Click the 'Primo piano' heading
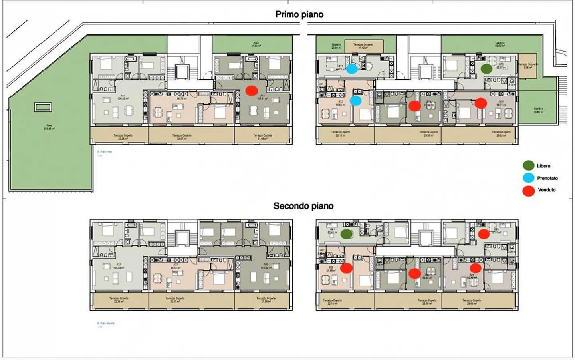pyautogui.click(x=299, y=14)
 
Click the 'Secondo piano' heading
pyautogui.click(x=303, y=206)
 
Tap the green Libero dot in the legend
pyautogui.click(x=528, y=165)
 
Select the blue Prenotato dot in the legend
pyautogui.click(x=528, y=178)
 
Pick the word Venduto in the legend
pyautogui.click(x=546, y=190)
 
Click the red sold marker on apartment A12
pyautogui.click(x=251, y=91)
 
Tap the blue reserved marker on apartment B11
pyautogui.click(x=351, y=69)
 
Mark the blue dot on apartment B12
pyautogui.click(x=355, y=101)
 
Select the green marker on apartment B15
pyautogui.click(x=486, y=68)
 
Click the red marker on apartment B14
pyautogui.click(x=481, y=103)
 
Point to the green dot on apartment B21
pyautogui.click(x=346, y=234)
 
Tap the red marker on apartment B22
pyautogui.click(x=346, y=268)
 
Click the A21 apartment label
pyautogui.click(x=119, y=266)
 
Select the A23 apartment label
pyautogui.click(x=266, y=266)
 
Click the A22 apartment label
pyautogui.click(x=175, y=266)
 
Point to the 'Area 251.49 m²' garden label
pyautogui.click(x=49, y=127)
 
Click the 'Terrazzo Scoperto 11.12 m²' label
pyautogui.click(x=363, y=46)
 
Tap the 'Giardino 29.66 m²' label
pyautogui.click(x=538, y=110)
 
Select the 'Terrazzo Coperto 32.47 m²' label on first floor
pyautogui.click(x=181, y=137)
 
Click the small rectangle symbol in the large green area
pyautogui.click(x=43, y=107)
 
